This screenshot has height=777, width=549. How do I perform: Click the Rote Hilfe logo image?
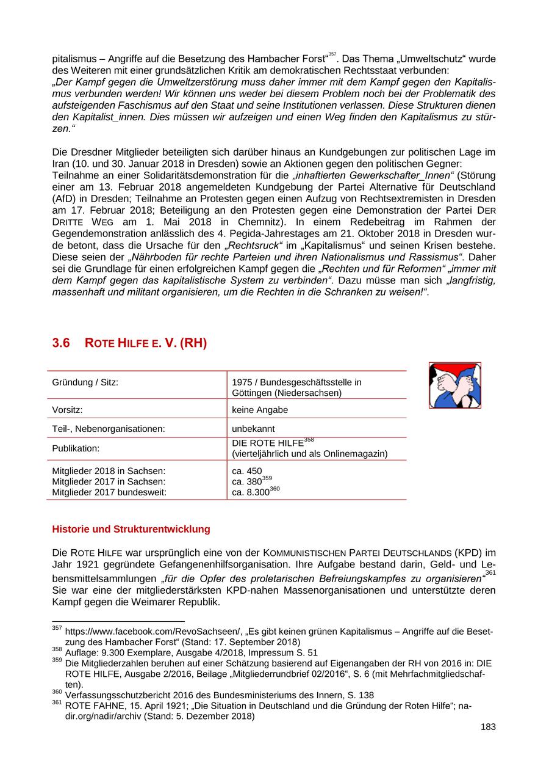tap(454, 385)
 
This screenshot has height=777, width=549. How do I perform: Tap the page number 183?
tap(488, 727)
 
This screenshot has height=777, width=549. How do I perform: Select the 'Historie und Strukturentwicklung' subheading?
tap(131, 529)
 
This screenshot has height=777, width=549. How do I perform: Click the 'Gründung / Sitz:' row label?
tap(85, 382)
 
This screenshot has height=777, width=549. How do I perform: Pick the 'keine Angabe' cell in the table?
tap(260, 410)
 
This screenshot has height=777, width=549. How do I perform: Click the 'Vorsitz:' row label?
tap(67, 410)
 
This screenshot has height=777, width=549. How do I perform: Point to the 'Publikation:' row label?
tap(76, 448)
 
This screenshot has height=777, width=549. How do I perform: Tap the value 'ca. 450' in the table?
tap(247, 471)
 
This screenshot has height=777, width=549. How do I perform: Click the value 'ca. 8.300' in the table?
tap(251, 492)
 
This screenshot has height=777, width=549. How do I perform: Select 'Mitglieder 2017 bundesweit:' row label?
tap(109, 492)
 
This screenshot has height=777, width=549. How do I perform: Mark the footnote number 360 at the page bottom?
tap(57, 693)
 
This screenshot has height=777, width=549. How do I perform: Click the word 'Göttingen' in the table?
tap(253, 393)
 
